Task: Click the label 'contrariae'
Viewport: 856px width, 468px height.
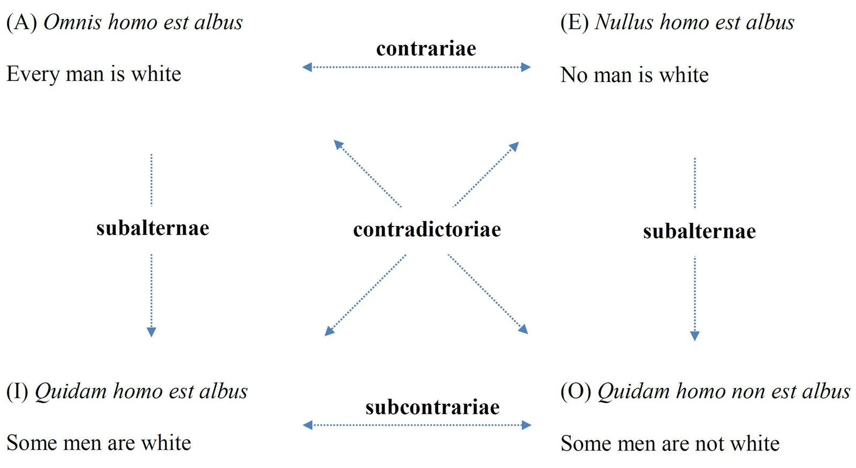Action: (426, 49)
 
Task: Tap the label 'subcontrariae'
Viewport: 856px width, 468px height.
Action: (432, 407)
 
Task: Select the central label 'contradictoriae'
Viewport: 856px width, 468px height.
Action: (427, 229)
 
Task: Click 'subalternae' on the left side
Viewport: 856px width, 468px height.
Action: (152, 228)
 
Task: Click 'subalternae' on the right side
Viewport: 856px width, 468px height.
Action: (699, 231)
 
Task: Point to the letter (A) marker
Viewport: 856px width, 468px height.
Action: (21, 22)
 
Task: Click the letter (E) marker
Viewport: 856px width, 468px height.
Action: (574, 22)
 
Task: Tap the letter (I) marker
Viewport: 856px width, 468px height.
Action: (17, 391)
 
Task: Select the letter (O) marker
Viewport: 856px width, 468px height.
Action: (575, 391)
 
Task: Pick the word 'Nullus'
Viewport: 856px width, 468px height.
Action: (624, 22)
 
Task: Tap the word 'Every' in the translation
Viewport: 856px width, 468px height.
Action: (33, 74)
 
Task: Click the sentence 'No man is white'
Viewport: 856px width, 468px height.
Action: (634, 75)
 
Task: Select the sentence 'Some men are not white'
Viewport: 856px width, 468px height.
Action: (670, 443)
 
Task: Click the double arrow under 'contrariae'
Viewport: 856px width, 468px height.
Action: (416, 67)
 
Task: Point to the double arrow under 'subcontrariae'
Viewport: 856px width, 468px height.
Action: (417, 425)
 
